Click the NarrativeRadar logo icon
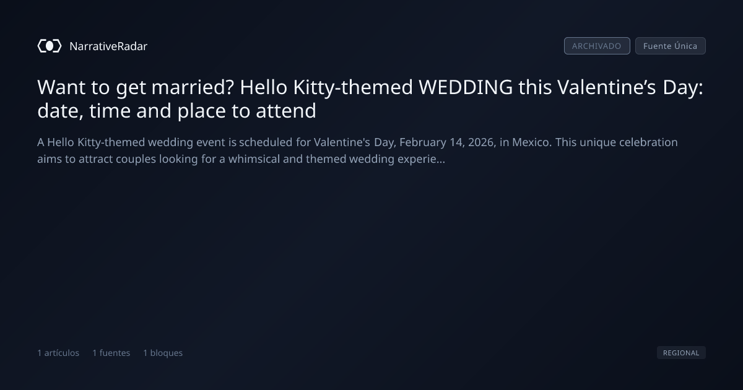point(50,46)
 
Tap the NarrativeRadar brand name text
point(108,46)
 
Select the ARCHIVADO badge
point(597,46)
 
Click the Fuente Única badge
point(670,46)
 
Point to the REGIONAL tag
point(681,352)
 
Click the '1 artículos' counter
point(58,353)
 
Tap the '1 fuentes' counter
point(111,353)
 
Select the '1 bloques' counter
point(163,353)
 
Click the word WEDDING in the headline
point(466,87)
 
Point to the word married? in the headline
point(193,87)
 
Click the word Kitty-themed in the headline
point(353,88)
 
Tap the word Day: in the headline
point(682,88)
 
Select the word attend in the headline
point(286,110)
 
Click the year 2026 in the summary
point(481,142)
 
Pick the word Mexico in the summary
point(530,142)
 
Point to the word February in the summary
point(422,143)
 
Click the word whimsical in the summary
point(254,159)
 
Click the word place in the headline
point(202,111)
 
